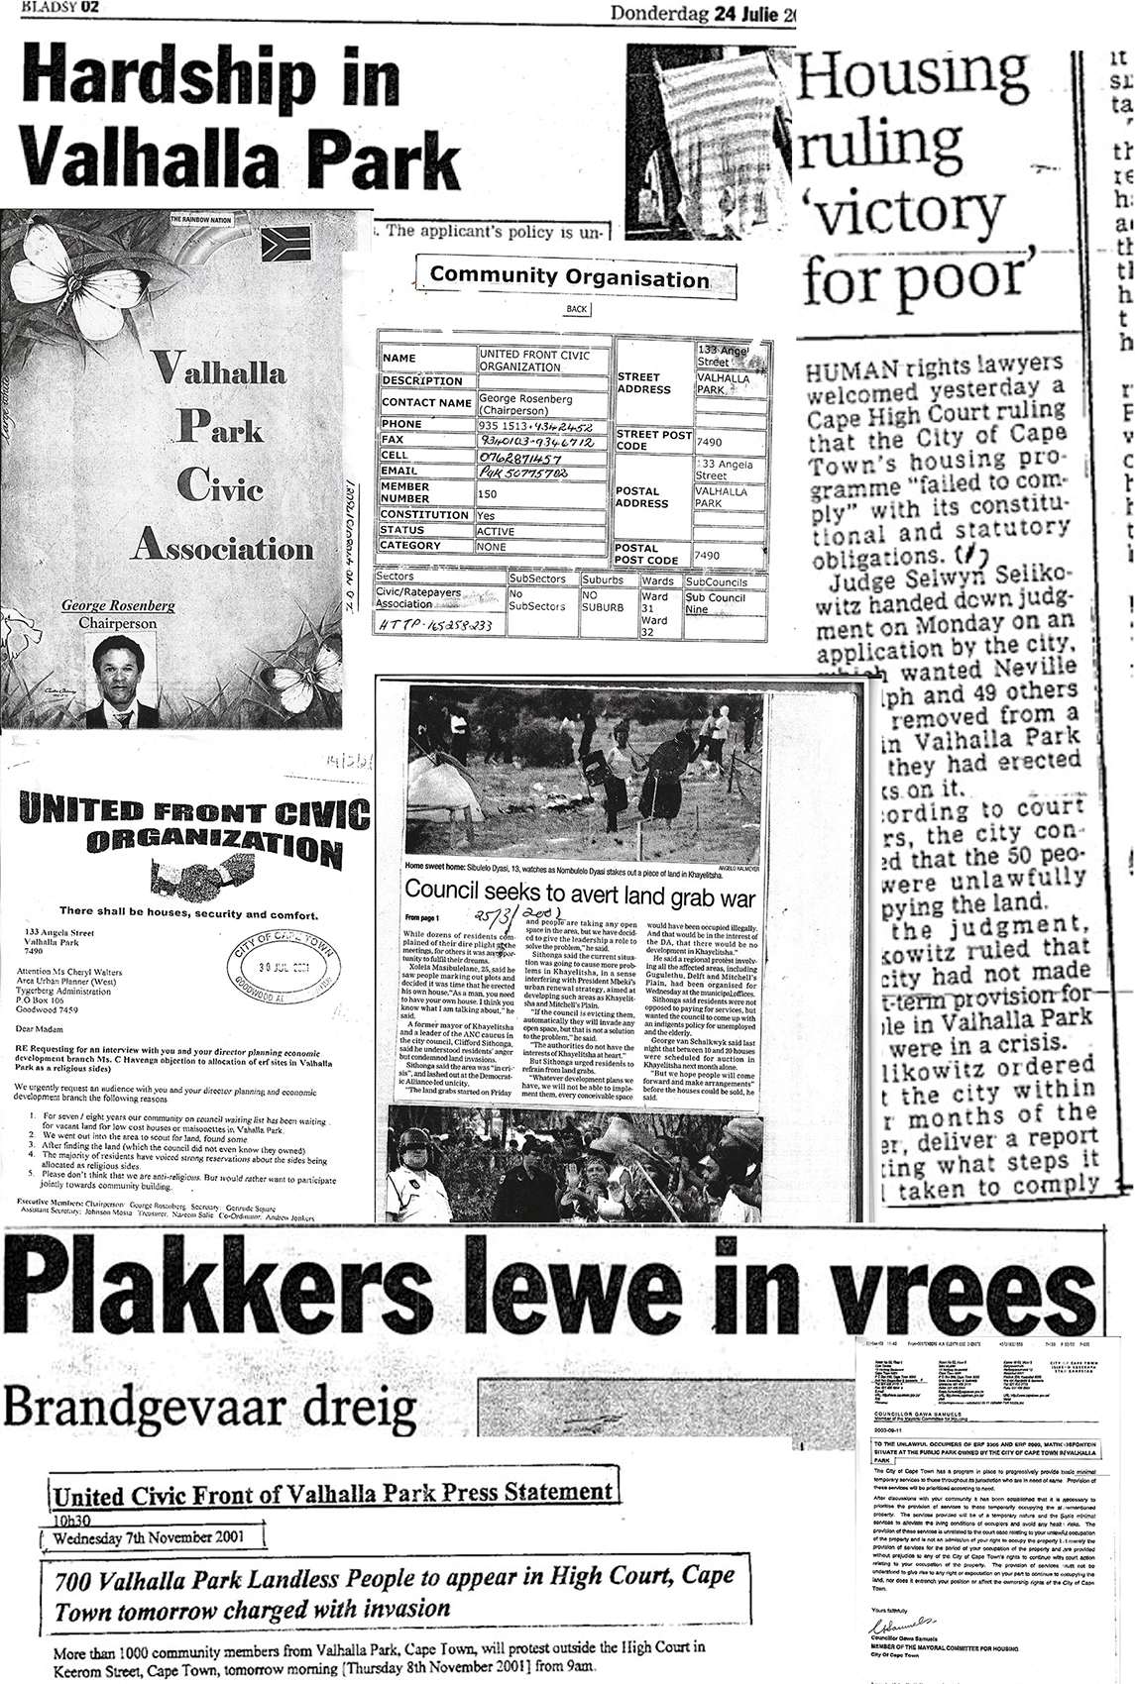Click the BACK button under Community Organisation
(576, 309)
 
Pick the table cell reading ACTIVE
(541, 531)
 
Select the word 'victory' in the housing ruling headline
(904, 210)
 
